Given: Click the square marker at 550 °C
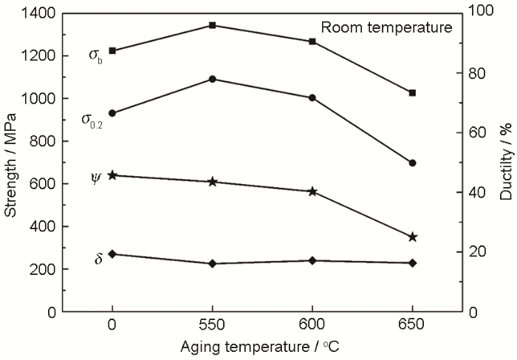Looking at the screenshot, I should tap(212, 25).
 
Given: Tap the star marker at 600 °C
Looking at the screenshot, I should tap(312, 191).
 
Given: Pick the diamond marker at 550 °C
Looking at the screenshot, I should tap(212, 263).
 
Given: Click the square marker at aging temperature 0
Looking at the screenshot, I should tap(112, 50).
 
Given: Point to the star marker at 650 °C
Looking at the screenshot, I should tap(412, 237).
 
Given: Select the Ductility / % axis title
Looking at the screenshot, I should tap(506, 162).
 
